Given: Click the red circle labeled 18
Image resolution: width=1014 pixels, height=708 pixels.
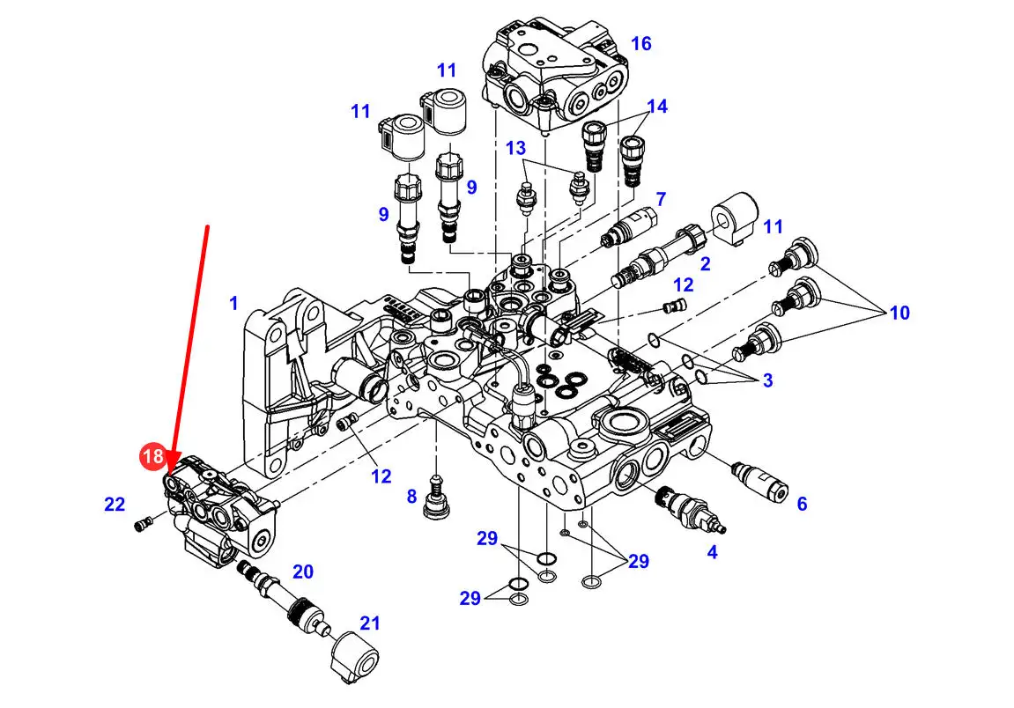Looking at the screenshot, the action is (x=152, y=456).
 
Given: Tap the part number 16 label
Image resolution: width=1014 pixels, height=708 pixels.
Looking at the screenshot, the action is (x=640, y=43).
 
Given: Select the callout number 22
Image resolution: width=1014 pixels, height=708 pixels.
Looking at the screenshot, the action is (x=115, y=504).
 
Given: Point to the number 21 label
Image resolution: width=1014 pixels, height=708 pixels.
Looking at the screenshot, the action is (x=369, y=623).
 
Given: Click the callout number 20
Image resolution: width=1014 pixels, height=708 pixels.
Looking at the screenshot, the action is (x=303, y=572).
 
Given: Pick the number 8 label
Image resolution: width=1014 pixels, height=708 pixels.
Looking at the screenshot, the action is (x=412, y=497).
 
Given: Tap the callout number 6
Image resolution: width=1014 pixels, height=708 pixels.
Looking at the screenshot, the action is (x=802, y=504).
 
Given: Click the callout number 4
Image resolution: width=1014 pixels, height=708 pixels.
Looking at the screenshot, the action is (x=712, y=552).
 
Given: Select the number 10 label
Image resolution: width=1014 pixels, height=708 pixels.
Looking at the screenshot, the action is (x=899, y=313).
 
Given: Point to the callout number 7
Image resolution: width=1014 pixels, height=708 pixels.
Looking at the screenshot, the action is (x=660, y=199).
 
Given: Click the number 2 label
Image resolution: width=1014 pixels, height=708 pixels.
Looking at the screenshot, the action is (x=705, y=264).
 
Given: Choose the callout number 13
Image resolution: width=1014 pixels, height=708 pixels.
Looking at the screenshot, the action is (x=515, y=148).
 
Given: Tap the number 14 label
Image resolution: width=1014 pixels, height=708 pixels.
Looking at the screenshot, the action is (x=657, y=106).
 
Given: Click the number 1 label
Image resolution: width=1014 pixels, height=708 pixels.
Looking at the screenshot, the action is (x=234, y=303).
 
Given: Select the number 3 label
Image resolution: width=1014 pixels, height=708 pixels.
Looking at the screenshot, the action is (x=767, y=380).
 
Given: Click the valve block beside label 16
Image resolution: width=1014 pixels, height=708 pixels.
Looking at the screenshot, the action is (x=556, y=74).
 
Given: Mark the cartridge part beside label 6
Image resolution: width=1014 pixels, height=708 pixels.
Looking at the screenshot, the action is (x=760, y=482).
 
